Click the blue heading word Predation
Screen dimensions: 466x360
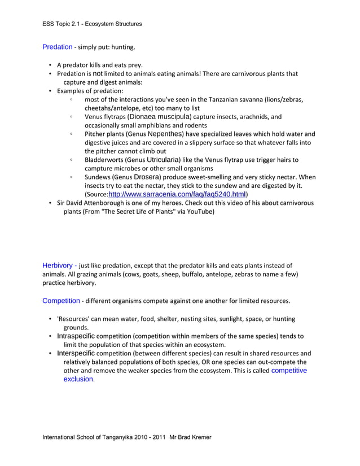[x=57, y=47]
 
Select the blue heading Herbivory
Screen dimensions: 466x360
[x=57, y=265]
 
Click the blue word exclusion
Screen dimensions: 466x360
[x=78, y=379]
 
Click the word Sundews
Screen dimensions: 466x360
[x=98, y=177]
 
